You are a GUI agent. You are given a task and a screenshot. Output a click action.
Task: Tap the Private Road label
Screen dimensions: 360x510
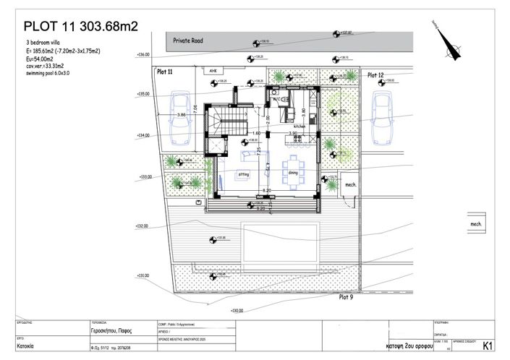pyautogui.click(x=188, y=42)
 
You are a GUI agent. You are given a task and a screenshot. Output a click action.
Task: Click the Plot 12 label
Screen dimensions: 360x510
pyautogui.click(x=375, y=74)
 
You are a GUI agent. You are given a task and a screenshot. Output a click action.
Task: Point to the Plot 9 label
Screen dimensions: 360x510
pyautogui.click(x=346, y=296)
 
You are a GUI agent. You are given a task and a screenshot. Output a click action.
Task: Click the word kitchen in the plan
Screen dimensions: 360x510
pyautogui.click(x=299, y=126)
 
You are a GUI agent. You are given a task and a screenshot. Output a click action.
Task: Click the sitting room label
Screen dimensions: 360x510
pyautogui.click(x=244, y=174)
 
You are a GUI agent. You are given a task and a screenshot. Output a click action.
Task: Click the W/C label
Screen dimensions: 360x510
pyautogui.click(x=276, y=99)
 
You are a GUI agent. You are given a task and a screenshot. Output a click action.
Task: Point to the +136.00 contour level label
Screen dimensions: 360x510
pyautogui.click(x=143, y=54)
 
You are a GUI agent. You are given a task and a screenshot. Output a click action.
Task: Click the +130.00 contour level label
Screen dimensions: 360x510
pyautogui.click(x=238, y=310)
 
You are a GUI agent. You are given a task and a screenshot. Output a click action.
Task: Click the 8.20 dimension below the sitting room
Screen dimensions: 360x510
pyautogui.click(x=267, y=189)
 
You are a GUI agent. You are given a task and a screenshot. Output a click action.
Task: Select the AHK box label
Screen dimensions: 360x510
pyautogui.click(x=213, y=71)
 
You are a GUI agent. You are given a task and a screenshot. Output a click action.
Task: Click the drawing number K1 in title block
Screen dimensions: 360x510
pyautogui.click(x=488, y=346)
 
